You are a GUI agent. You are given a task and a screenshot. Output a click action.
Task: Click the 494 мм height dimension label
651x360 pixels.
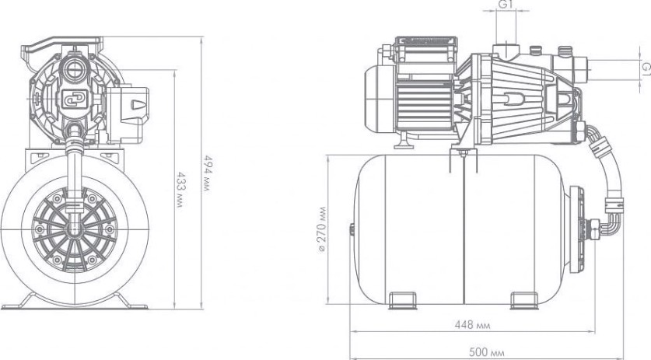[x=208, y=173]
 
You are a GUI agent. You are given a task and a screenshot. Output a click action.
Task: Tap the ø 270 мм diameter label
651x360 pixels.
[x=322, y=229]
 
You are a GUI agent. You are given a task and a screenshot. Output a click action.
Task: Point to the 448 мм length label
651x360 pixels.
[x=472, y=325]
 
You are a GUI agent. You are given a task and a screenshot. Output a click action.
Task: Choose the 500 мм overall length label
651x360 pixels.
[x=487, y=352]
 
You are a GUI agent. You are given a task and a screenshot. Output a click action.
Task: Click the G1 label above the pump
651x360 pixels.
[x=506, y=4]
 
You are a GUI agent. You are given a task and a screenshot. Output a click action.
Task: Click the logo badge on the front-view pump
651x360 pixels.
[x=75, y=99]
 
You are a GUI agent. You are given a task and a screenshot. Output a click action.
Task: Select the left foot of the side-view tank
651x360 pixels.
[x=402, y=300]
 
